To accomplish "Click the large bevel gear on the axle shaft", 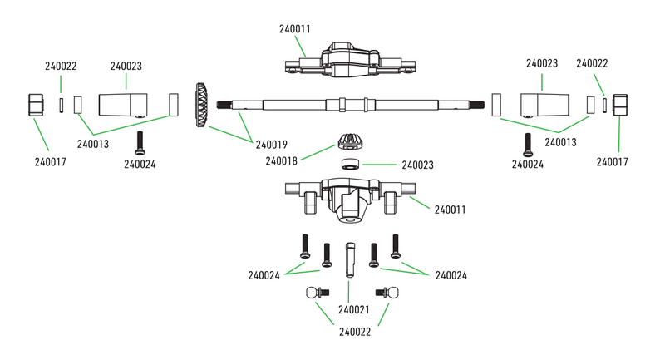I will point(201,105).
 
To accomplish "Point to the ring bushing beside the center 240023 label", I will point(350,164).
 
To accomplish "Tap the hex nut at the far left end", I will point(35,106).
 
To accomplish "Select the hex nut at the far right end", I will point(620,106).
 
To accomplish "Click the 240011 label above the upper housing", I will point(295,28).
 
